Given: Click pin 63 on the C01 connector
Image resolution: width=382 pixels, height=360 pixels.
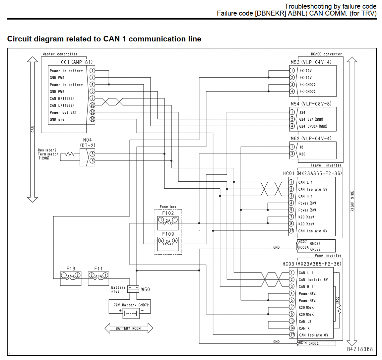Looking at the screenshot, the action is tap(92, 112).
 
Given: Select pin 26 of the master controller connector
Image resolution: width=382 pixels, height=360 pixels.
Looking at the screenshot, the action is tap(92, 105).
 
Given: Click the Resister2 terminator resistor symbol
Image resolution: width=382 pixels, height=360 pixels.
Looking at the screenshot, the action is tap(70, 154).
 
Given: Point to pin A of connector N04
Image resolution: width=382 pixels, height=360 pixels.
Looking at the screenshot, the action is tap(92, 154).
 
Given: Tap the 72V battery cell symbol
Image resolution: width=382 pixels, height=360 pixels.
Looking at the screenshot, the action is tap(131, 314).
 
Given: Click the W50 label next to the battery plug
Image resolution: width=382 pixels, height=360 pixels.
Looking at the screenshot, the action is tap(146, 289).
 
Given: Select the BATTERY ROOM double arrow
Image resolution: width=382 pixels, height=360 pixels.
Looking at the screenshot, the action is tap(129, 328).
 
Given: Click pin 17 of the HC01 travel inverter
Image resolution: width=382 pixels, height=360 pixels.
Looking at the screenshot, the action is tap(291, 231).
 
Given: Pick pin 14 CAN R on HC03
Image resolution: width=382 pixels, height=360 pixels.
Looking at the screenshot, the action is tap(292, 328).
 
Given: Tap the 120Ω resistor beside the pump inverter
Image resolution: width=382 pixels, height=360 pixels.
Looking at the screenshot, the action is tap(339, 309).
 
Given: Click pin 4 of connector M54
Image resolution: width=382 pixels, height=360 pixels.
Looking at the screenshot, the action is tap(292, 126).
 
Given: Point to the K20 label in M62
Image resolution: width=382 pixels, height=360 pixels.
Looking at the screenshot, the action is tap(302, 154).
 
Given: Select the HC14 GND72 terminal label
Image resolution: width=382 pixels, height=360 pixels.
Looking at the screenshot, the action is tap(309, 343).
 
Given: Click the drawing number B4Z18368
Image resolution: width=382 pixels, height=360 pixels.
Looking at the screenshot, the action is tap(360, 349).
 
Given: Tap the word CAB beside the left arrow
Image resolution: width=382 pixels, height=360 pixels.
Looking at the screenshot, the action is tap(33, 129).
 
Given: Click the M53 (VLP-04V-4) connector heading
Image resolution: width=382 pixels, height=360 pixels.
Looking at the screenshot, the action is tap(311, 62).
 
